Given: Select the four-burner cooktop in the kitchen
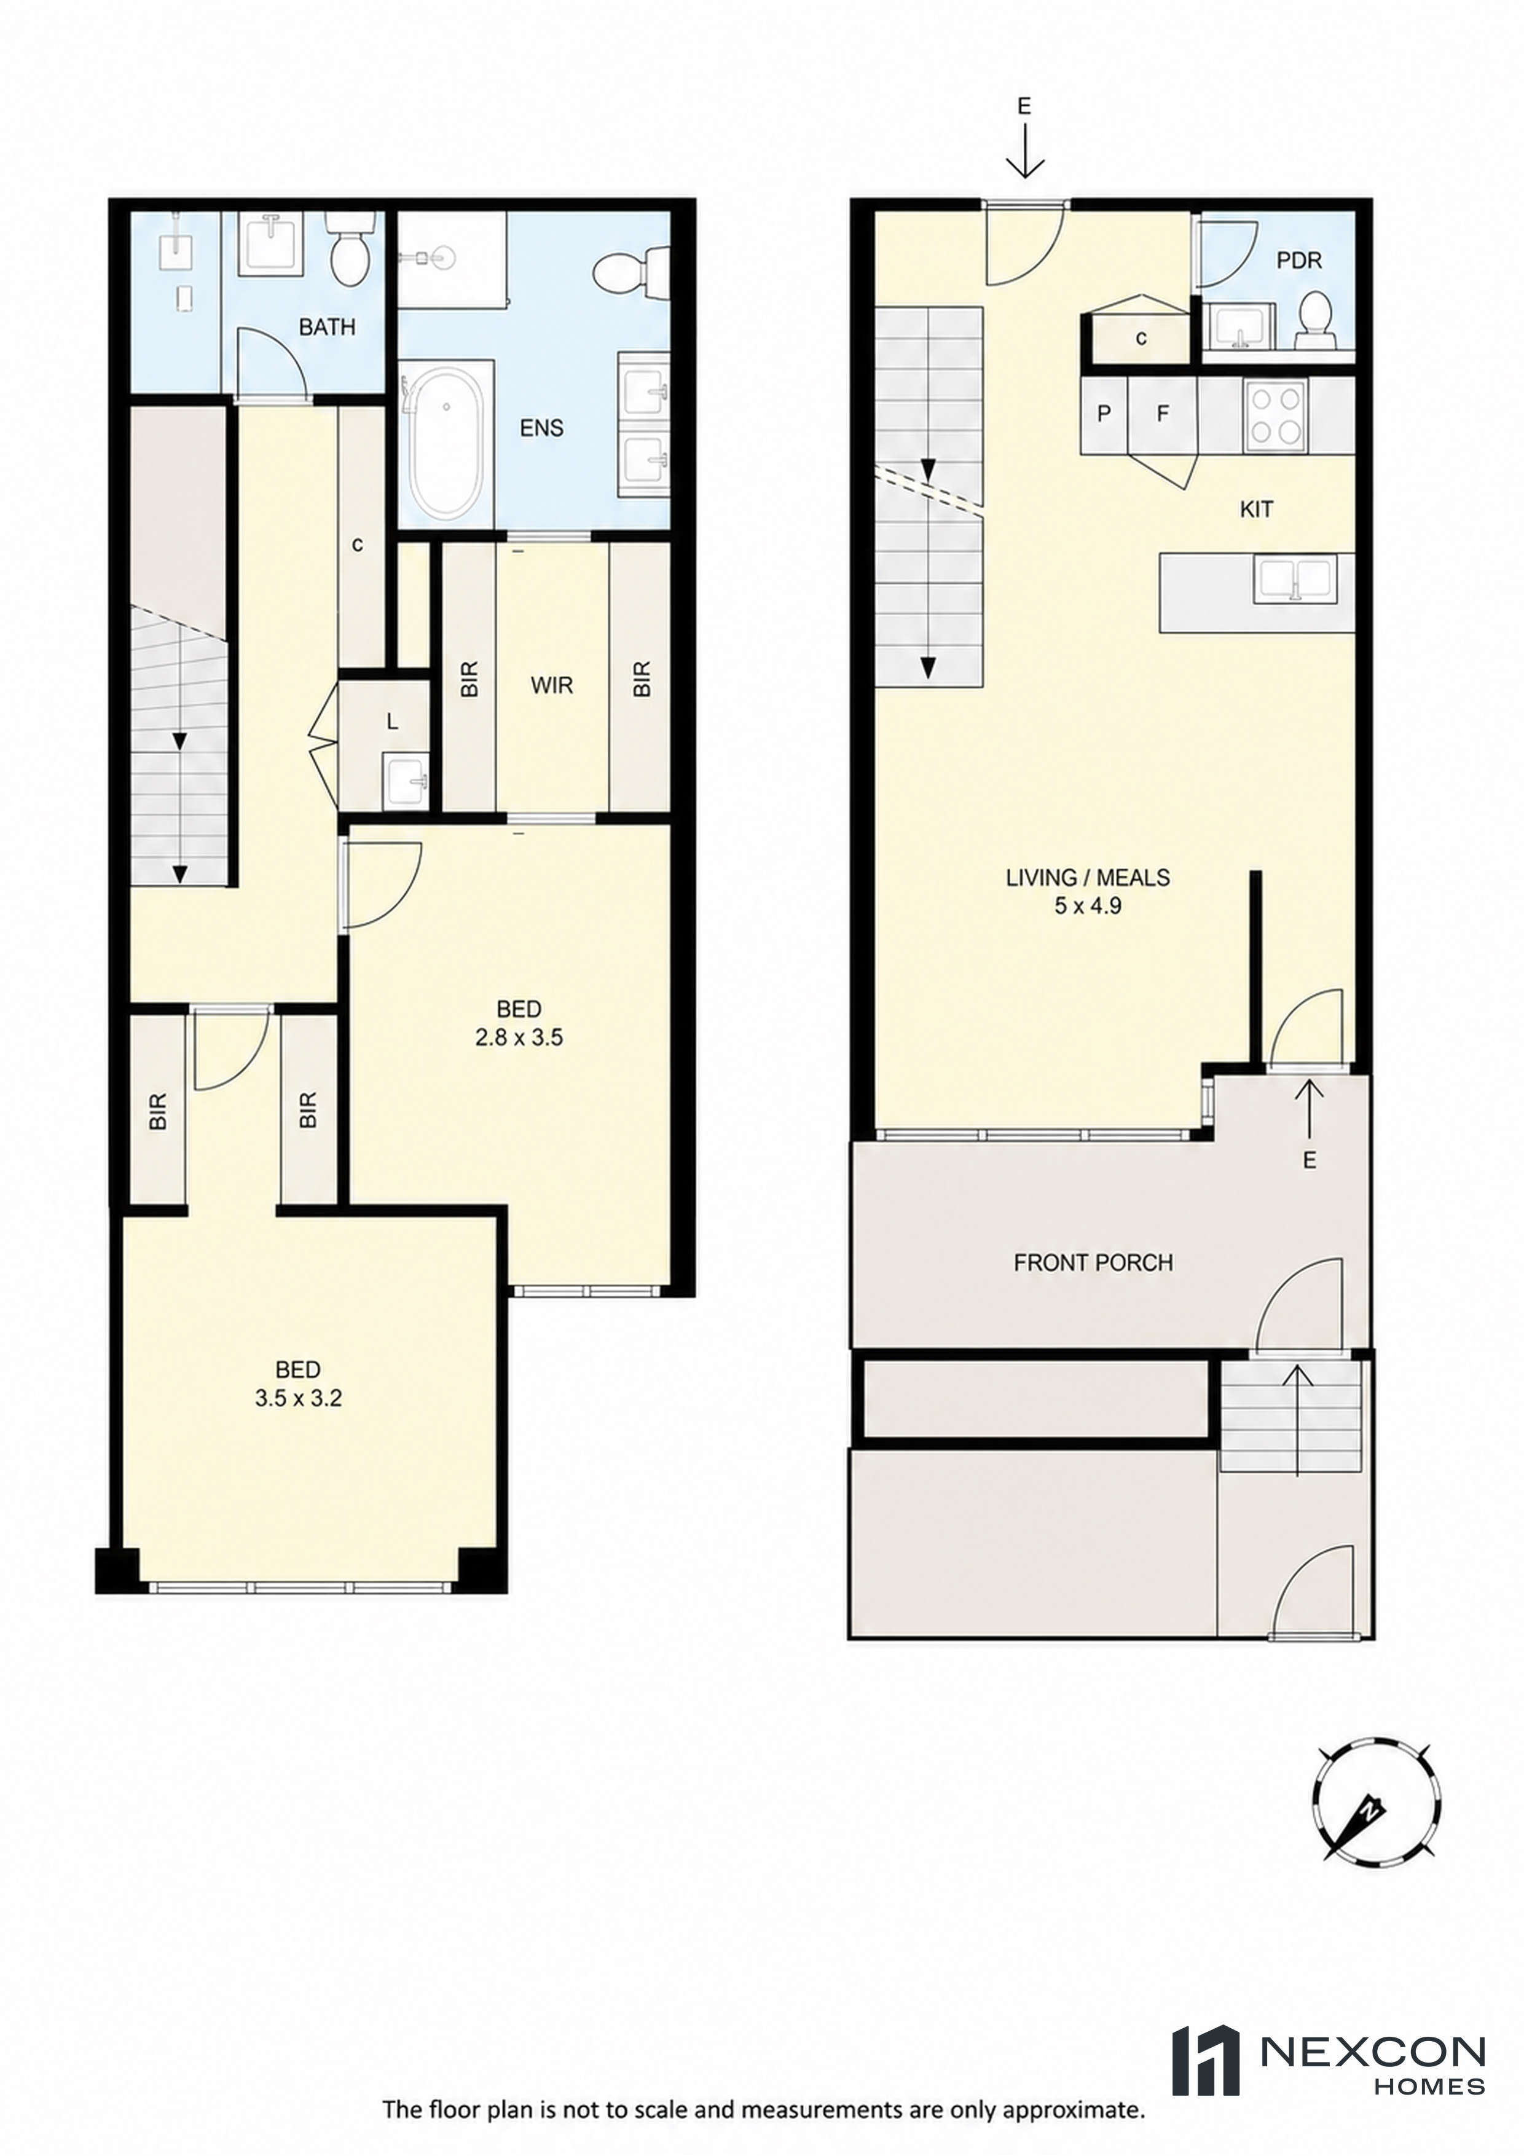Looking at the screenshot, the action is (x=1275, y=416).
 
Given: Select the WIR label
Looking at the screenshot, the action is (x=551, y=685).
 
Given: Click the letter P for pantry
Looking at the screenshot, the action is (x=1104, y=413).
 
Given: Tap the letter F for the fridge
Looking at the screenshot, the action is (x=1163, y=413).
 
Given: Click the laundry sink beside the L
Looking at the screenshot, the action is (x=406, y=781).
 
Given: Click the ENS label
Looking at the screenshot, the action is (x=542, y=429).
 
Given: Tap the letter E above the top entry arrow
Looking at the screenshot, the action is (x=1024, y=107).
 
